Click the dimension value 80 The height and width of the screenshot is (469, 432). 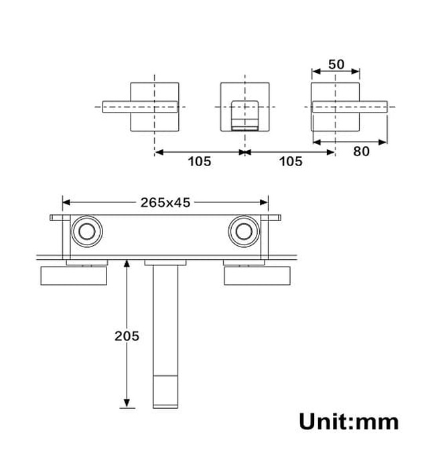(x=361, y=151)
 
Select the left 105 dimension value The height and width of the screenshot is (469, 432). (x=199, y=161)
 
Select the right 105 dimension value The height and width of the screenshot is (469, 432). (x=290, y=161)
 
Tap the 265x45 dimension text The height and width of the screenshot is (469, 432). (x=165, y=202)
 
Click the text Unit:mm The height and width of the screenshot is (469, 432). (x=348, y=421)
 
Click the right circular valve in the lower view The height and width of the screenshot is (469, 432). (x=244, y=232)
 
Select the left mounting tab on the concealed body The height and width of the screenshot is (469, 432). (x=57, y=218)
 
